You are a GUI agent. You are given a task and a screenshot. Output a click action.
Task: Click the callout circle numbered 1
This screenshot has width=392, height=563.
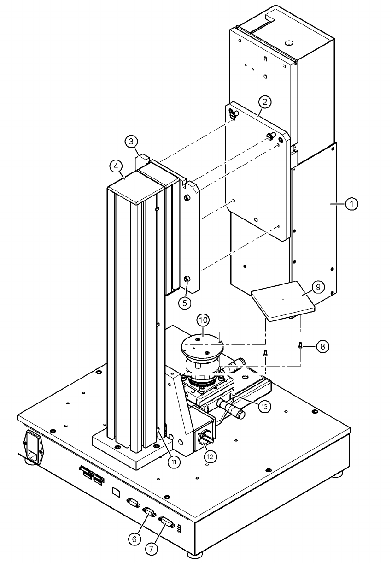[x=351, y=203]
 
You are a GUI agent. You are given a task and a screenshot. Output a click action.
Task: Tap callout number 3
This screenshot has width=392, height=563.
[x=131, y=141]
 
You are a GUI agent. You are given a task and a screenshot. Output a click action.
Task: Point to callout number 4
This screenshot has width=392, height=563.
[x=116, y=165]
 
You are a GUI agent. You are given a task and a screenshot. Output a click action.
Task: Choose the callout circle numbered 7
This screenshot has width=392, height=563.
[x=152, y=549]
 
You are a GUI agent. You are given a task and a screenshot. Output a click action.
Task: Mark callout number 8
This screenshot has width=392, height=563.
[x=322, y=346]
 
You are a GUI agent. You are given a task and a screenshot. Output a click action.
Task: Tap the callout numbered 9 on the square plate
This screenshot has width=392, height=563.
[x=317, y=287]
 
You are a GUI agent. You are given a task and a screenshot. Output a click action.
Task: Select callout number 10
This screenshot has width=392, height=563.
[x=203, y=320]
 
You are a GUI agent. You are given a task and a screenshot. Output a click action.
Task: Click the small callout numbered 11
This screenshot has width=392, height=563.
[x=173, y=462]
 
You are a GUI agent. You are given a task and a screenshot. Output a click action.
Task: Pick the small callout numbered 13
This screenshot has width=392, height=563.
[x=264, y=406]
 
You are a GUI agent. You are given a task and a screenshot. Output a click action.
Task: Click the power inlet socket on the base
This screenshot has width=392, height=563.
[x=34, y=447]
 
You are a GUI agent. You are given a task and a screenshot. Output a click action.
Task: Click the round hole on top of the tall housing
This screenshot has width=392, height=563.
[x=289, y=43]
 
